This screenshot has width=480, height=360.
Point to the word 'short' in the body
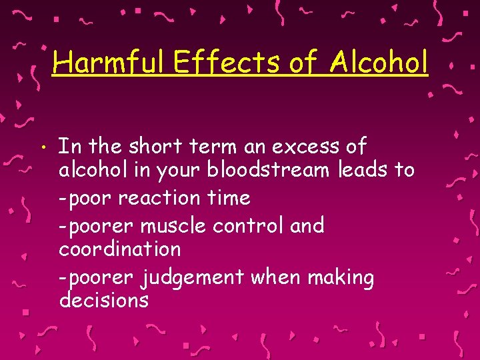click(x=154, y=146)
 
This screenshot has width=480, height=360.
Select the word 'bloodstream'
click(x=268, y=171)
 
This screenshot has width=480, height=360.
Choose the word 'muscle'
click(x=173, y=225)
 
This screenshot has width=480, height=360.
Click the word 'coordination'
click(x=120, y=249)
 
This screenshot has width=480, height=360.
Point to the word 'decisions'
click(x=104, y=301)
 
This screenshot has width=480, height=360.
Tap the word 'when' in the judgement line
click(x=274, y=276)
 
